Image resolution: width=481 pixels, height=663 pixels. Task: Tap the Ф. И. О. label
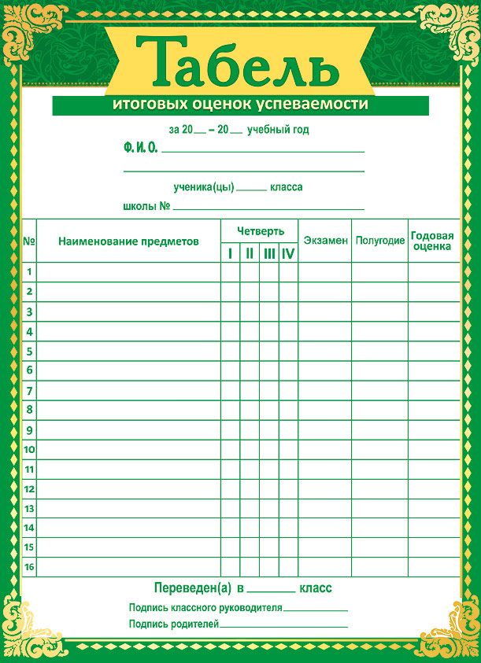coord(141,147)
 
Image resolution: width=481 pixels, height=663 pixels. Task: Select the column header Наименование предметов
coord(128,241)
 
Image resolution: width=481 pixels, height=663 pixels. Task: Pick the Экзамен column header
coord(325,240)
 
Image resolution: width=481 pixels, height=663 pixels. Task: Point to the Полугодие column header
coord(379,241)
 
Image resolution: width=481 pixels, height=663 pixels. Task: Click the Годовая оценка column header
coord(432,241)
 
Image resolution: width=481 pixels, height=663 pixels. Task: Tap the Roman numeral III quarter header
coord(269,253)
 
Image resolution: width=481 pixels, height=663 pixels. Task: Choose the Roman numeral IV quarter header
coord(288,253)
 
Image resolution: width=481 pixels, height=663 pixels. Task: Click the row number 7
coord(29,390)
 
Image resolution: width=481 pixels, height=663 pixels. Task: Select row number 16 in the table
coord(29,566)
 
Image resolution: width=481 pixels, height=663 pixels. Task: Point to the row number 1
coord(29,272)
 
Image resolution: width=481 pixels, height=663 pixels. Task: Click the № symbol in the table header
coord(29,241)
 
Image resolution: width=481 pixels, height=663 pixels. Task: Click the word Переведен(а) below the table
coord(193,588)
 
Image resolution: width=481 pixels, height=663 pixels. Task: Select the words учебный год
coord(277,130)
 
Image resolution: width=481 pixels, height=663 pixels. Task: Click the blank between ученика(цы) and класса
coord(252,190)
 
